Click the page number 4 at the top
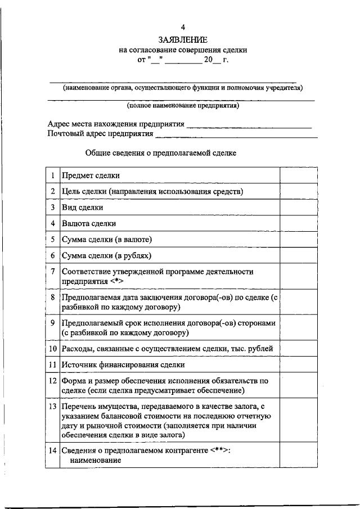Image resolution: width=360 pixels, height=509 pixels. coord(183,26)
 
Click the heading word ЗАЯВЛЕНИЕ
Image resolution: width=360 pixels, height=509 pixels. coord(183,39)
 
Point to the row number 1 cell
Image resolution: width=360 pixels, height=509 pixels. coord(52,175)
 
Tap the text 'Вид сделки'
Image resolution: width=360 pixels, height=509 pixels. coord(83,208)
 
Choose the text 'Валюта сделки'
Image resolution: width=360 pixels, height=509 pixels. coord(89,223)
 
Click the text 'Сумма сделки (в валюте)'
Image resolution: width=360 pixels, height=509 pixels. coord(107,240)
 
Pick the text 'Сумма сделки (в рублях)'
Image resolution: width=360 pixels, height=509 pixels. coord(107,256)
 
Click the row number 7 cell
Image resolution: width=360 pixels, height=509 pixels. coord(52,272)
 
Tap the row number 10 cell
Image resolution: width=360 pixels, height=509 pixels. coord(52,349)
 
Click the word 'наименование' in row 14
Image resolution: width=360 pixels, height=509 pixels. coord(96,461)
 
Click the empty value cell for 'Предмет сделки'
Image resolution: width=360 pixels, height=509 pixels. coord(300,175)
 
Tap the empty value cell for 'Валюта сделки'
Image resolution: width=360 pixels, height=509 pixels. coord(300,223)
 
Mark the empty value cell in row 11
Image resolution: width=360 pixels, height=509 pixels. coord(300,364)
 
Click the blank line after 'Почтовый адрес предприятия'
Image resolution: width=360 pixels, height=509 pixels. coord(236,136)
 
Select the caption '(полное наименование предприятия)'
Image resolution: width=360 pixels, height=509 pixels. coord(183,105)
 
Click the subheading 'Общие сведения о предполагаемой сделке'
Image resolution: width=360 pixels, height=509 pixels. coord(161,152)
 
